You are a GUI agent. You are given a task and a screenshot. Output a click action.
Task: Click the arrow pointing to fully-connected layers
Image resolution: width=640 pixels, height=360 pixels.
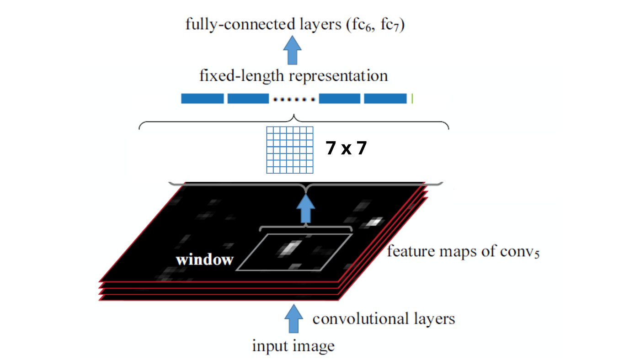(x=293, y=50)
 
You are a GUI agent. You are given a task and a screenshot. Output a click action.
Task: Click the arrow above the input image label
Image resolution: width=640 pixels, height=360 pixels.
(x=293, y=319)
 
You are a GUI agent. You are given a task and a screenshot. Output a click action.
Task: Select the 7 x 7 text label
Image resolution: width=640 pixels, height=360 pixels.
(x=346, y=149)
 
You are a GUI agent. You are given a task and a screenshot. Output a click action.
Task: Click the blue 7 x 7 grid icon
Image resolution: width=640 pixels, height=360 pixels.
(x=290, y=150)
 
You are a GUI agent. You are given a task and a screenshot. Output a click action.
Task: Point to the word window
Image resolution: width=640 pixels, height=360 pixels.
(x=205, y=260)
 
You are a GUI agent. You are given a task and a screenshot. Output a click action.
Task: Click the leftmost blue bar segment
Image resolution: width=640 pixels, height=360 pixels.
(x=203, y=98)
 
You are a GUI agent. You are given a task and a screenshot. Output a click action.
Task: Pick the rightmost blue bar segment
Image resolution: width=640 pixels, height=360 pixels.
(x=385, y=98)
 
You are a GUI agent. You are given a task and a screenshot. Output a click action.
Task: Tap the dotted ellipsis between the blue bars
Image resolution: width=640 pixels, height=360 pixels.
(x=294, y=99)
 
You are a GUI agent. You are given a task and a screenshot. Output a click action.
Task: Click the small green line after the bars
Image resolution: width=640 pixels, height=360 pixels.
(x=412, y=98)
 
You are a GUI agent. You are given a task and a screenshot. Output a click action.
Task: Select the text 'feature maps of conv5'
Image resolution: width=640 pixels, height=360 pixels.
(x=463, y=251)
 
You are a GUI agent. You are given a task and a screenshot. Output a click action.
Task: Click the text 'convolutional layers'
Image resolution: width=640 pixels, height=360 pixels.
(x=384, y=318)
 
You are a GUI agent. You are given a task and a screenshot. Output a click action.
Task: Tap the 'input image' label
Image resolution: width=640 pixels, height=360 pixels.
(x=293, y=345)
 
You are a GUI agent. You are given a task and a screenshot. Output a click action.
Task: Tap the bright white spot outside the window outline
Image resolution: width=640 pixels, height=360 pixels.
(x=375, y=222)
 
